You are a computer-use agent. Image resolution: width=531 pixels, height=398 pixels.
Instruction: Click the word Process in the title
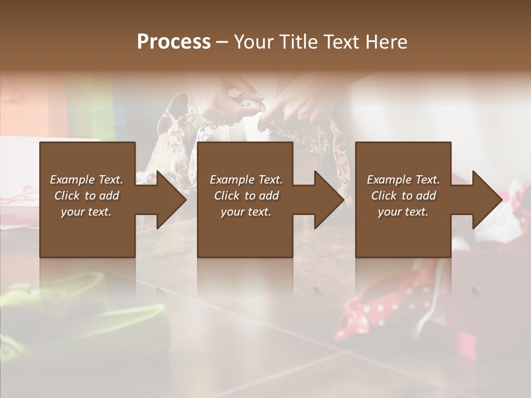174,42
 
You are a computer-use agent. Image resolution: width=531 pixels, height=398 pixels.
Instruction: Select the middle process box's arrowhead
328,200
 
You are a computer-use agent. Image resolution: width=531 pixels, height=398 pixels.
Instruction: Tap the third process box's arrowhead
486,200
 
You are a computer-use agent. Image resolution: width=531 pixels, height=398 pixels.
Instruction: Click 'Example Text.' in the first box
86,180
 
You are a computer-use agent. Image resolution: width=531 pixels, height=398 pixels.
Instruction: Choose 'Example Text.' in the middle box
246,180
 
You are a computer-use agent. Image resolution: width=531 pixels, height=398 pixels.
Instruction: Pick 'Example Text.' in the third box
403,180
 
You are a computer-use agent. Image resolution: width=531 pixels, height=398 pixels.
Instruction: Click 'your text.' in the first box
86,212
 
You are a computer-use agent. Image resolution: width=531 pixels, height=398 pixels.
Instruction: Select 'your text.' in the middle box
246,212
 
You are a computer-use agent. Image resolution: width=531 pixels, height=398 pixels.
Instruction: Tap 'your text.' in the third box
403,212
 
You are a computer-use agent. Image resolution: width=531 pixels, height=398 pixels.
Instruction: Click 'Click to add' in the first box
86,196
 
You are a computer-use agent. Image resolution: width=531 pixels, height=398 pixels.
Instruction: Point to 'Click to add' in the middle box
246,196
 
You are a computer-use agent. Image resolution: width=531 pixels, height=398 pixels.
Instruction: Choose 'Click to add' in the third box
403,196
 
